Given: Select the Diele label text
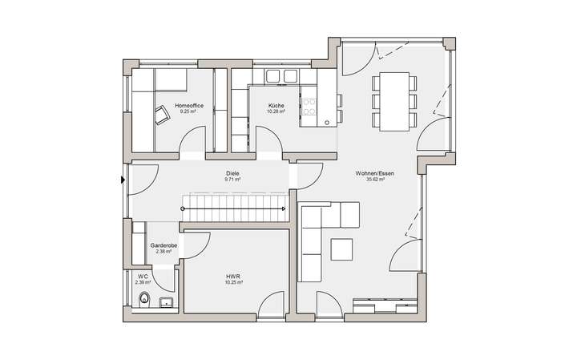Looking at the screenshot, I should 233,173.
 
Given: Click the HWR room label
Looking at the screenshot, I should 233,276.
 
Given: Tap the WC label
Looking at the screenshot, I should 143,276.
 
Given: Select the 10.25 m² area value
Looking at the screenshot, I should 233,282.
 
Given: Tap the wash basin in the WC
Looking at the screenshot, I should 166,302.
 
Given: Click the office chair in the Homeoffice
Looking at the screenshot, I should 162,117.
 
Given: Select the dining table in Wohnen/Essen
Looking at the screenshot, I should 394,103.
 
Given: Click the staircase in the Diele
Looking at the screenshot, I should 234,208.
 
